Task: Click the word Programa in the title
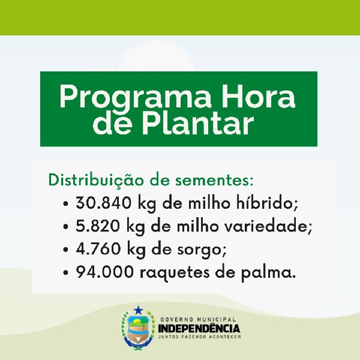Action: coord(135,97)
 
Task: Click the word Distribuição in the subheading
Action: coord(97,180)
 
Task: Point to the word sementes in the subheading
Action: coord(212,181)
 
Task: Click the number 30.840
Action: coord(104,203)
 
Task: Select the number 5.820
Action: coord(98,226)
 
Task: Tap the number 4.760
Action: coord(98,248)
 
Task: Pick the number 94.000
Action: coord(104,272)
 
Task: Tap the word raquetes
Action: coord(175,273)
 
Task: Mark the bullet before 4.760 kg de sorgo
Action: coord(66,250)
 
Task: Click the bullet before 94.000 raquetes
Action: coord(66,272)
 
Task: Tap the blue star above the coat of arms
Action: coord(138,310)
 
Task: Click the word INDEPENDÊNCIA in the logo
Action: coord(199,328)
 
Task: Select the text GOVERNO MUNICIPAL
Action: coord(198,319)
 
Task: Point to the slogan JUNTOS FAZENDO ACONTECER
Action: coord(200,337)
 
